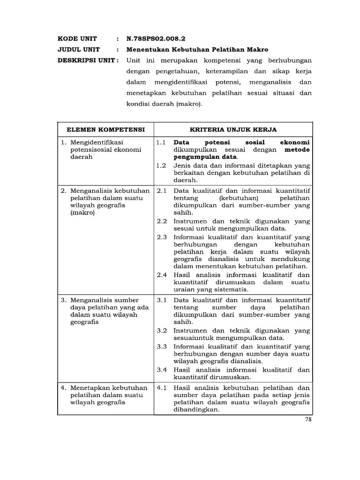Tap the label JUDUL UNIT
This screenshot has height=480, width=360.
point(76,50)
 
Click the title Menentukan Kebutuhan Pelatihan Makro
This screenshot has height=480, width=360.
point(197,50)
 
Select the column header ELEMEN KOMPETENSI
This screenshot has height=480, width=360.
point(105,128)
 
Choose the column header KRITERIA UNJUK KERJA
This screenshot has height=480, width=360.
point(233,128)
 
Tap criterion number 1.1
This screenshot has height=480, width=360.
point(162,142)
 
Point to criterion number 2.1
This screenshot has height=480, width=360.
point(162,191)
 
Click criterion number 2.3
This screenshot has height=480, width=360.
point(162,237)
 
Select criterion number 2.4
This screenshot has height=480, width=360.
point(162,275)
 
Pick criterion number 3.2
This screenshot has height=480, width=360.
point(162,330)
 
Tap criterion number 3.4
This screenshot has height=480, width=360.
point(162,369)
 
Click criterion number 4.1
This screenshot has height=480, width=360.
point(162,388)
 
